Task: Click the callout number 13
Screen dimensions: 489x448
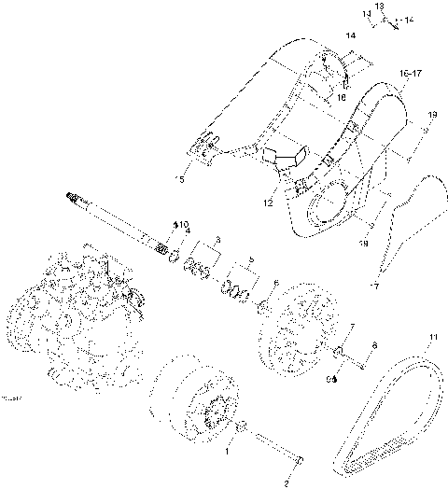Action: click(380, 6)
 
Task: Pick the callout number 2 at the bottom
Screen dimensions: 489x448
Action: click(287, 483)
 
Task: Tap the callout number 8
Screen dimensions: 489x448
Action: click(374, 346)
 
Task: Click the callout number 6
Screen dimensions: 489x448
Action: click(274, 283)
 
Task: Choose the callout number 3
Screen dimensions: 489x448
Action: click(217, 240)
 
